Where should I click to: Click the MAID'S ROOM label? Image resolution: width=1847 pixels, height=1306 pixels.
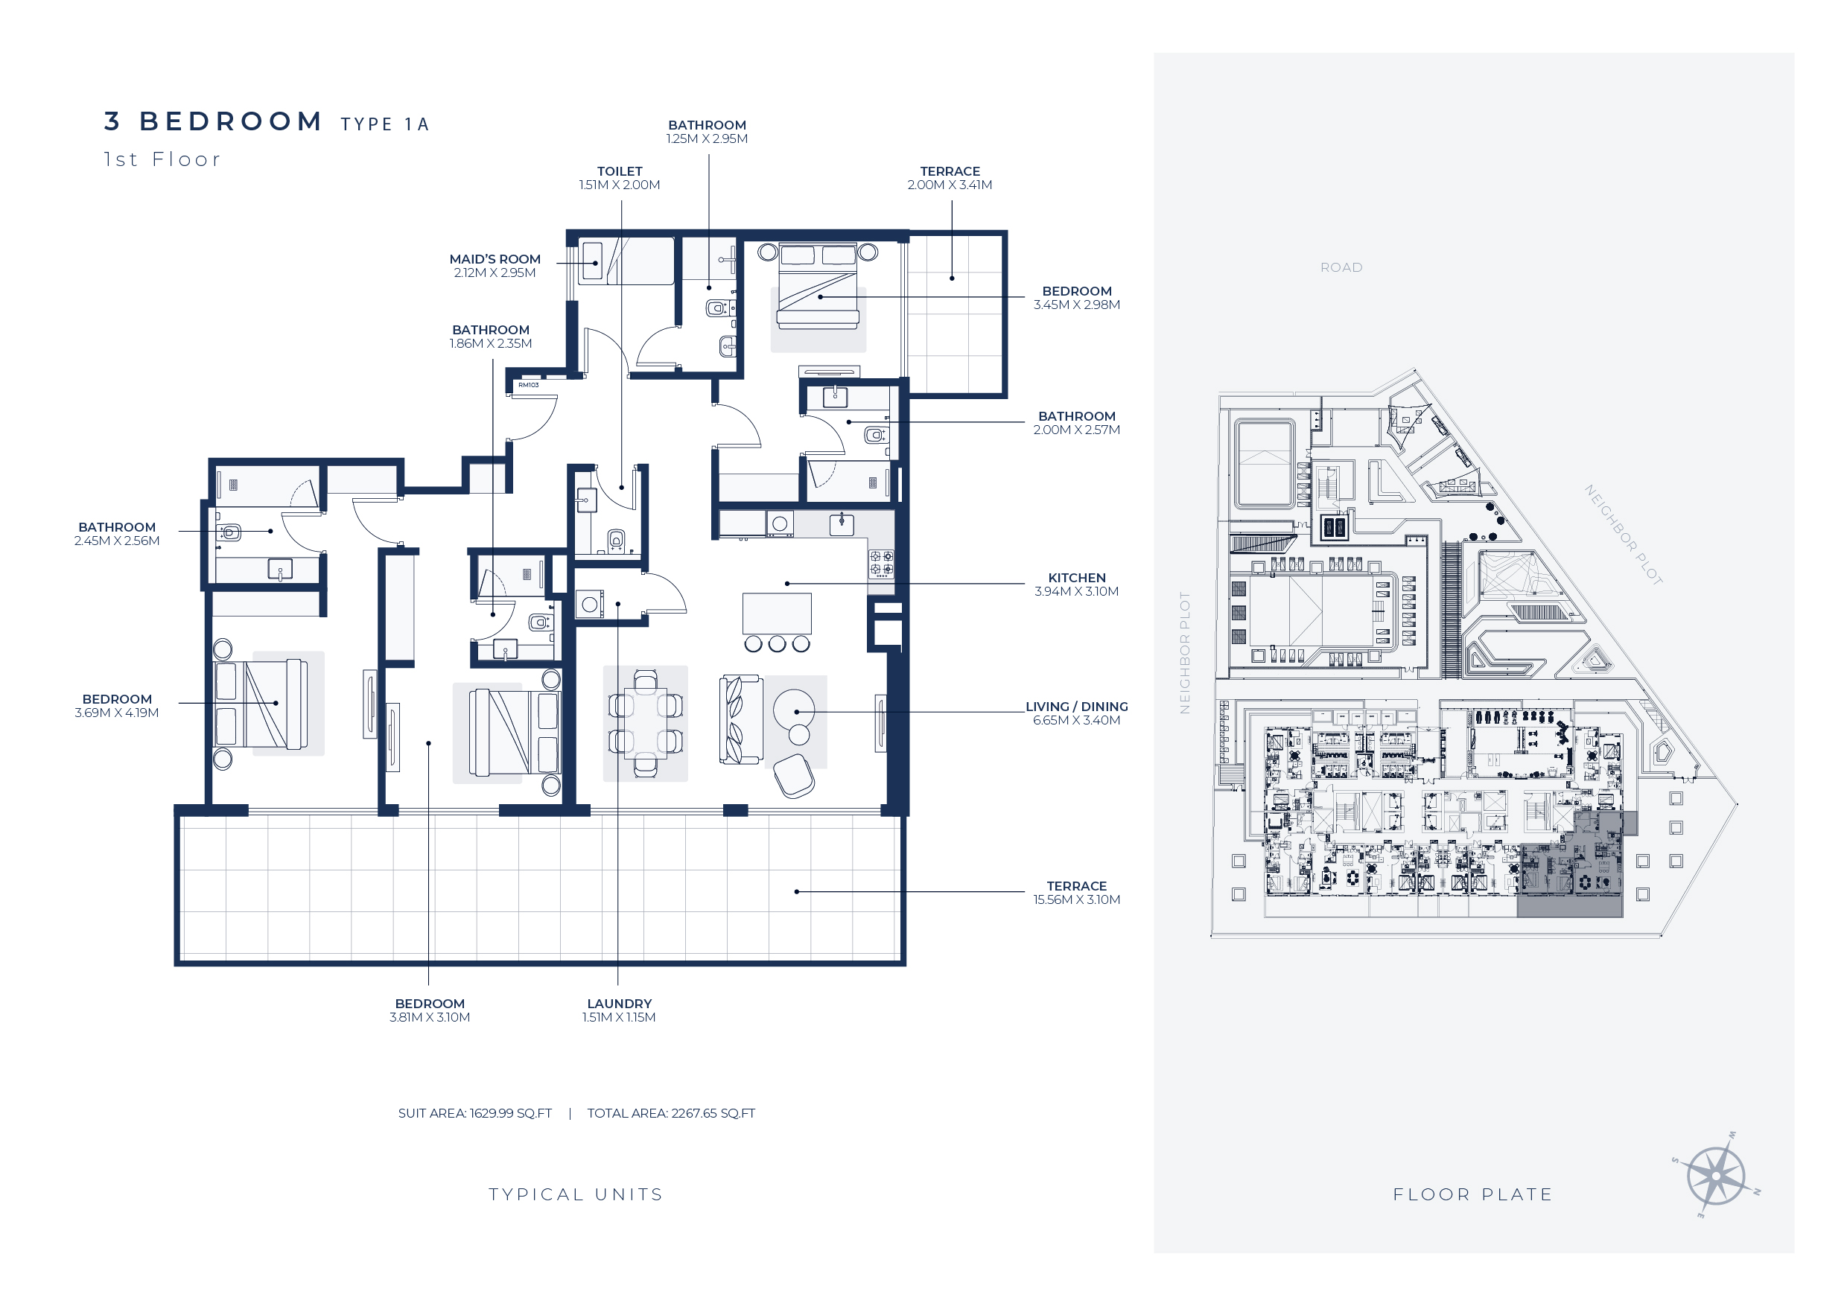click(495, 259)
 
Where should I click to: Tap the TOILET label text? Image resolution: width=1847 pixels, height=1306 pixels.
click(620, 171)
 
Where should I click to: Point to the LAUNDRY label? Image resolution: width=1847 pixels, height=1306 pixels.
click(620, 1004)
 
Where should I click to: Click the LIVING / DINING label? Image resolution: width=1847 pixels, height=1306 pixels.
click(1076, 706)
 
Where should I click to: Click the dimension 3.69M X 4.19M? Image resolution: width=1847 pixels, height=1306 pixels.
click(117, 713)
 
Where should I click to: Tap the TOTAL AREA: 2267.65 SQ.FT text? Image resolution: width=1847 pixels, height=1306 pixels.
click(671, 1113)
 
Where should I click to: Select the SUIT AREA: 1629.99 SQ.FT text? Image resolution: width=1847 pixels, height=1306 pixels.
click(474, 1113)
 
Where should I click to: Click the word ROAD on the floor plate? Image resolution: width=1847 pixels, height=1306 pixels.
click(1341, 267)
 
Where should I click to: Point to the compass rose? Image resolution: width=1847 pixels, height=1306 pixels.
click(1716, 1176)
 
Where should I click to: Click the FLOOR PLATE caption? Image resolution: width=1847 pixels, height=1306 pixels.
click(1472, 1194)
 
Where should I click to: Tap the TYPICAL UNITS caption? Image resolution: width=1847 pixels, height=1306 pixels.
click(576, 1194)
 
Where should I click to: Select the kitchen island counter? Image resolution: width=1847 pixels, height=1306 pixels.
click(776, 614)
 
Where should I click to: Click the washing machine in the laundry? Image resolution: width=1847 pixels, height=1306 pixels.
click(590, 605)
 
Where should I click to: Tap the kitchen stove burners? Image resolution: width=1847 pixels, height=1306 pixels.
click(881, 563)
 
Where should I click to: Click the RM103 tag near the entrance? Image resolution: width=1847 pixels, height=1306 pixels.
click(529, 385)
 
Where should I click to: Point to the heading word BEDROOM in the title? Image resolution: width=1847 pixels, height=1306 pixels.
click(231, 121)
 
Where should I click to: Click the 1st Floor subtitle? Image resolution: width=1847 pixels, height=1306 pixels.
click(162, 159)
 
